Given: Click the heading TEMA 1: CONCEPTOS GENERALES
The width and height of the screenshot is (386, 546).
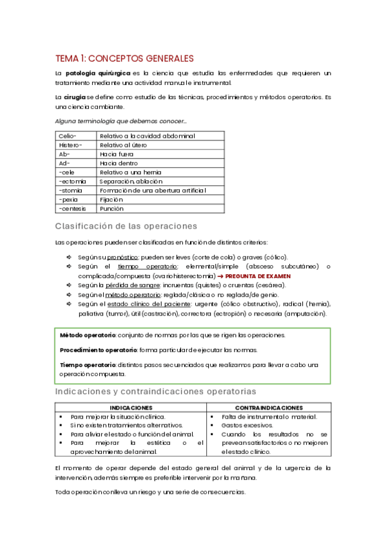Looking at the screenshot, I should point(124,58).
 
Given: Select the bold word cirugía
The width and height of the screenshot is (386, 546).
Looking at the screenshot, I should point(74,97).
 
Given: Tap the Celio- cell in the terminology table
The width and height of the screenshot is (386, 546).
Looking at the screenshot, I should point(68,136).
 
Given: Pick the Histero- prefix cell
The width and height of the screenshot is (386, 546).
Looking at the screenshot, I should point(70,145).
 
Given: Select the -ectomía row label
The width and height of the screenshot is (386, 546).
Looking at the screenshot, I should point(72,182).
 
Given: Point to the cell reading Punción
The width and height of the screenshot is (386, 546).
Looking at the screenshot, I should point(112,209).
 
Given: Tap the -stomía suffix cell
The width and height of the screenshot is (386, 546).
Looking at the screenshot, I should point(71,191).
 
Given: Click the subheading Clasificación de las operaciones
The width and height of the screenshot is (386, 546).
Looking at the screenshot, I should point(126,226).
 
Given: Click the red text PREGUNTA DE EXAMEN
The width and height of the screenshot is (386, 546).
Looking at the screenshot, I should point(258,276).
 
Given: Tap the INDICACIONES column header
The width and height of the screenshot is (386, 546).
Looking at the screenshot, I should point(131,408).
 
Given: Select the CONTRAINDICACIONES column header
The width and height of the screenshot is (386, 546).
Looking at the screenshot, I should point(269,408).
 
